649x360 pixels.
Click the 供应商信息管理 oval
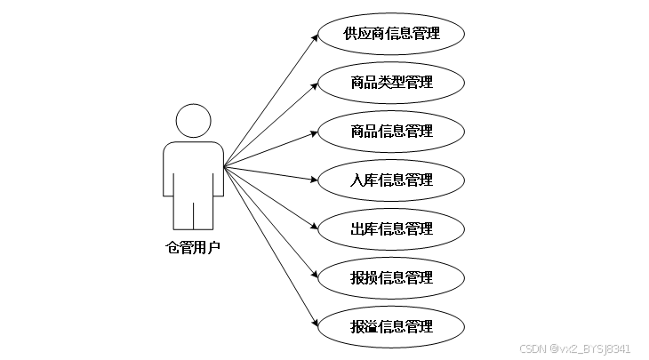(x=392, y=35)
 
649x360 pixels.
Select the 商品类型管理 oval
(x=392, y=83)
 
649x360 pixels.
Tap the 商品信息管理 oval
(x=392, y=132)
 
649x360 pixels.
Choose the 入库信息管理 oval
(x=392, y=180)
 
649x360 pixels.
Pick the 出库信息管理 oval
(x=392, y=229)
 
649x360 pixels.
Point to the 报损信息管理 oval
(x=392, y=278)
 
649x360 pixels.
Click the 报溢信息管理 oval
(x=392, y=326)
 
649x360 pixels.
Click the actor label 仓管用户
(x=193, y=248)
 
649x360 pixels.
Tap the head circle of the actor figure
(x=193, y=122)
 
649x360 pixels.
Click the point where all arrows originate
(x=224, y=166)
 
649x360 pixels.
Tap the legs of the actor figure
(x=193, y=213)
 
